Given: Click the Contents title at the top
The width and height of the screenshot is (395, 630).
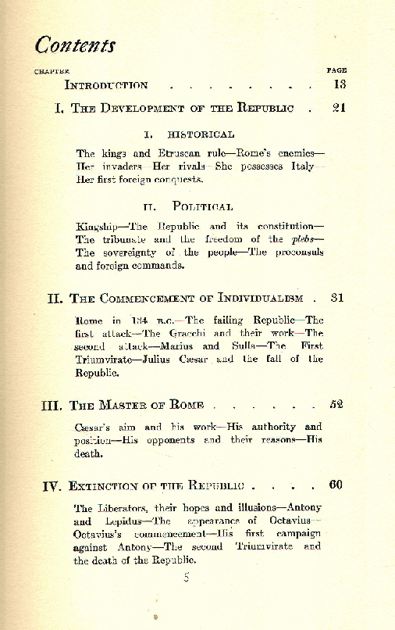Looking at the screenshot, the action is pyautogui.click(x=75, y=45).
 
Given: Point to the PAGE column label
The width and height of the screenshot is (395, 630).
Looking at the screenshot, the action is pyautogui.click(x=336, y=70).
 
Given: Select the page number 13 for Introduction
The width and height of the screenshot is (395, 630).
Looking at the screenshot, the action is pyautogui.click(x=340, y=84).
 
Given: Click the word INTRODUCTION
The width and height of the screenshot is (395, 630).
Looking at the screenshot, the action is pyautogui.click(x=106, y=85).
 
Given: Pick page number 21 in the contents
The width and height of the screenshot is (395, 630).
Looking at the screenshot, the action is pyautogui.click(x=339, y=108).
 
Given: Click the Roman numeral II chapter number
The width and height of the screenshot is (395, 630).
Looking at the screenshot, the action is pyautogui.click(x=55, y=298).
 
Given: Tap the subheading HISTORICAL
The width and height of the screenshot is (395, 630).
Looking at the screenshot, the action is pyautogui.click(x=201, y=135).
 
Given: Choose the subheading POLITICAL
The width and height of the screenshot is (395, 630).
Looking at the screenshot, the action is pyautogui.click(x=202, y=206).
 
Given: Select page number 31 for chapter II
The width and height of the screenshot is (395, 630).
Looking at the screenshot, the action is pyautogui.click(x=337, y=298).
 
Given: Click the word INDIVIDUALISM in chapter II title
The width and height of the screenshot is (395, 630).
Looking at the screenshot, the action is pyautogui.click(x=261, y=299).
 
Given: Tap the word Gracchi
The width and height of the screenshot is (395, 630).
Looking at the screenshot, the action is pyautogui.click(x=185, y=333).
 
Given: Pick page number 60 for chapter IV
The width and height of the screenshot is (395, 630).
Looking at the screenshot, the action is pyautogui.click(x=336, y=485).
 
